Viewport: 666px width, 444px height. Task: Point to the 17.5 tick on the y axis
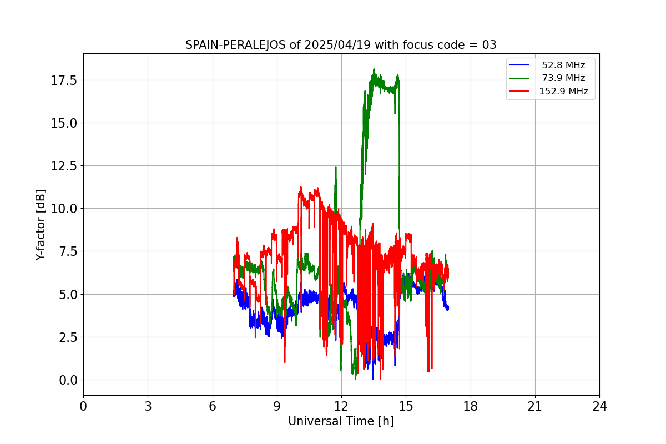(64, 80)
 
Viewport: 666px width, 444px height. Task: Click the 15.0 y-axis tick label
(64, 123)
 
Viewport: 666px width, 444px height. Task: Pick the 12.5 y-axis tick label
(64, 166)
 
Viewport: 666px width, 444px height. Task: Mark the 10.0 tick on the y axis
(64, 209)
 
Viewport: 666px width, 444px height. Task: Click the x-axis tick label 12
(341, 406)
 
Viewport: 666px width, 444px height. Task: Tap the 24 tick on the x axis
(599, 406)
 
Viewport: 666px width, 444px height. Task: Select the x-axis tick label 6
(213, 406)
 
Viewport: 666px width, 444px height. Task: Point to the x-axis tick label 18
(471, 406)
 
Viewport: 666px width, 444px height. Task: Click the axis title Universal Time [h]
(341, 421)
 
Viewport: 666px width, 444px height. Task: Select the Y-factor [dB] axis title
(41, 225)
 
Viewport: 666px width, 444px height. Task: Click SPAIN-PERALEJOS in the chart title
(236, 45)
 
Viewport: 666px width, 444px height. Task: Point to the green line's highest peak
(374, 69)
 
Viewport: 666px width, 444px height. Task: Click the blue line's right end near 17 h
(447, 308)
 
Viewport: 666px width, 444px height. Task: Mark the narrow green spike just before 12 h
(336, 167)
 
